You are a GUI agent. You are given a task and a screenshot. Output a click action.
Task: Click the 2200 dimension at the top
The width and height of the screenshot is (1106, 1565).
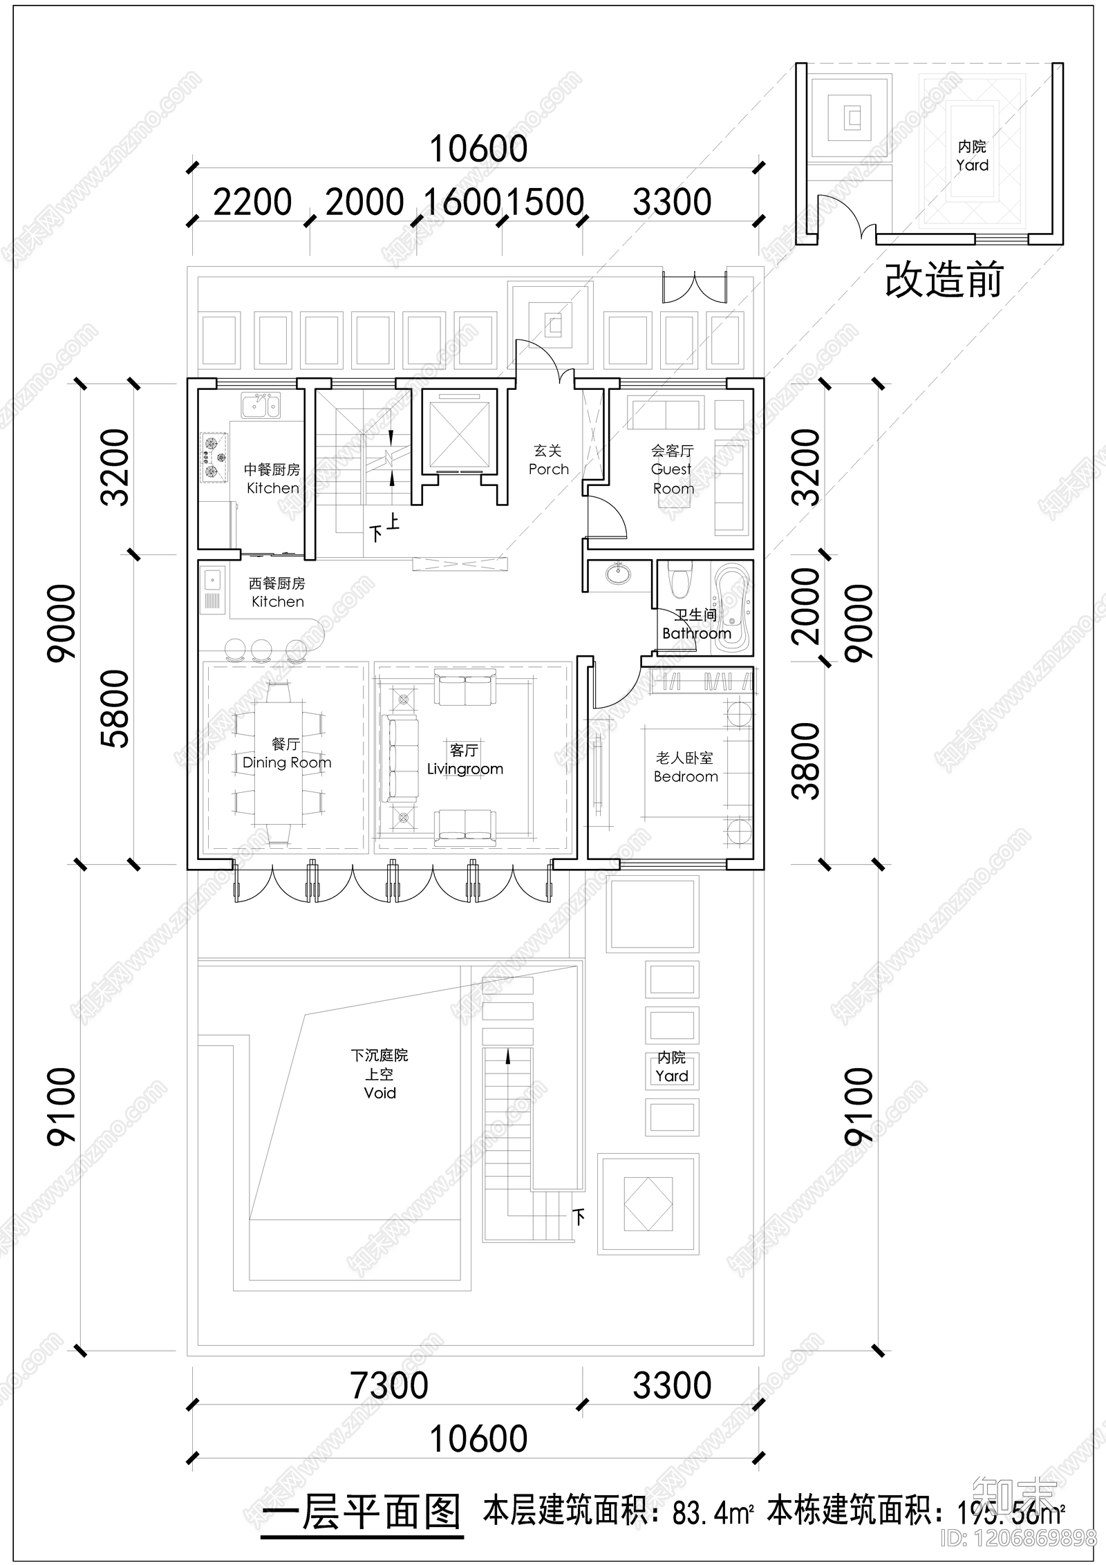click(252, 203)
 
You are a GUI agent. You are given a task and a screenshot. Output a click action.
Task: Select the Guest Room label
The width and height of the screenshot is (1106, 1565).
click(672, 469)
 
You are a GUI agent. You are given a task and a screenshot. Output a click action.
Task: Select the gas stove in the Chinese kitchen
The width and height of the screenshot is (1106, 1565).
click(214, 457)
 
